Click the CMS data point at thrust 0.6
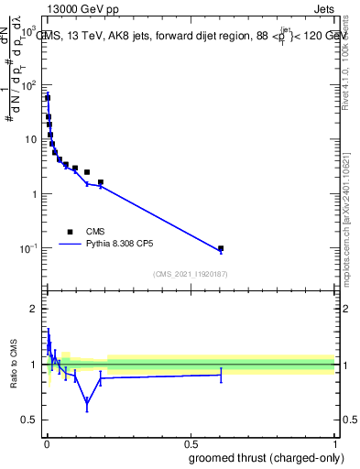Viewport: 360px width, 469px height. click(221, 248)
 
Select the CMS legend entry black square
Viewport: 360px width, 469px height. click(70, 232)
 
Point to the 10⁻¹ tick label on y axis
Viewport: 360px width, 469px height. click(28, 248)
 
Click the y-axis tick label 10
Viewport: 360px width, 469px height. click(31, 139)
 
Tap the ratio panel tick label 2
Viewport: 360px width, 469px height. click(32, 309)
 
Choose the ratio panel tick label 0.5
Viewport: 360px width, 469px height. click(28, 420)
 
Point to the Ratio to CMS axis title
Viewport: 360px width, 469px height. click(14, 365)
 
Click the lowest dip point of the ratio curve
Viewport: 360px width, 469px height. click(87, 401)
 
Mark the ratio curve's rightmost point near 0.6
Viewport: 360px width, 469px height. click(221, 374)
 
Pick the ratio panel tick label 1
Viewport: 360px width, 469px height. click(32, 365)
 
